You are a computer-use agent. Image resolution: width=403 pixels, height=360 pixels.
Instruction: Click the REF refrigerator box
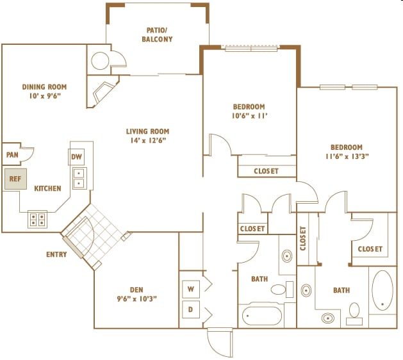pos(15,179)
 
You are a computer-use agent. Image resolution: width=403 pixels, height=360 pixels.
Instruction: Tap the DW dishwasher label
pos(76,156)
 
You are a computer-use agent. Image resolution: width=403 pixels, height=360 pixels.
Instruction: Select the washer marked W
pos(191,290)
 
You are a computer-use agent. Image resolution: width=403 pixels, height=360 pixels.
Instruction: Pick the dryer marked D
pos(191,309)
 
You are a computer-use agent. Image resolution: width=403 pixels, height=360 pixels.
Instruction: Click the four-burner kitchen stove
pos(38,219)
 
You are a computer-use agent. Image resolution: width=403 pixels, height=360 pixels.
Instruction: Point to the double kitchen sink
pos(79,178)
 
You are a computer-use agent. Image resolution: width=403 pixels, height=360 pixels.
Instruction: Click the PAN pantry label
pos(12,155)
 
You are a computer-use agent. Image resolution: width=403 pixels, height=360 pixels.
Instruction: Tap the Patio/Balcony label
pos(157,35)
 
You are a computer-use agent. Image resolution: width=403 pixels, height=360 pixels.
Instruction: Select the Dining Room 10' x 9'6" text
pos(44,91)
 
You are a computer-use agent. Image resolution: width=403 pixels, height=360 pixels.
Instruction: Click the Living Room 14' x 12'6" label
pos(148,136)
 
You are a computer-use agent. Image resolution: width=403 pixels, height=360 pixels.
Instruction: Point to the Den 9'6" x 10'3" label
pos(136,294)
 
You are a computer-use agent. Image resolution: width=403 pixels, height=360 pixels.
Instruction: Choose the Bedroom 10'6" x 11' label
pos(249,111)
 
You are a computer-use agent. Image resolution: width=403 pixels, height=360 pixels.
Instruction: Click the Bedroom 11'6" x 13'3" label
pos(347,152)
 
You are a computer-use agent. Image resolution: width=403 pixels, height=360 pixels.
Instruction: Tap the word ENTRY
pos(56,254)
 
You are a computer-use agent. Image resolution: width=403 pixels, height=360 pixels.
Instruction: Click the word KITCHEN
pos(48,188)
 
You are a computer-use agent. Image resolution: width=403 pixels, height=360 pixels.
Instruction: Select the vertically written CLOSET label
pos(303,238)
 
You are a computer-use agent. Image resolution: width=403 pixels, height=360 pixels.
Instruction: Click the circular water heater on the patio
pos(100,61)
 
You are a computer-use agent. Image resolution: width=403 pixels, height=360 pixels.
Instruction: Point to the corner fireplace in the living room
pos(103,92)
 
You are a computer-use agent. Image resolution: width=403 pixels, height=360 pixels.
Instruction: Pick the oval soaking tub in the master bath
pos(382,290)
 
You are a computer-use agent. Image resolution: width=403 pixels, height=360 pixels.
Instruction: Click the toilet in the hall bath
pos(282,290)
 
